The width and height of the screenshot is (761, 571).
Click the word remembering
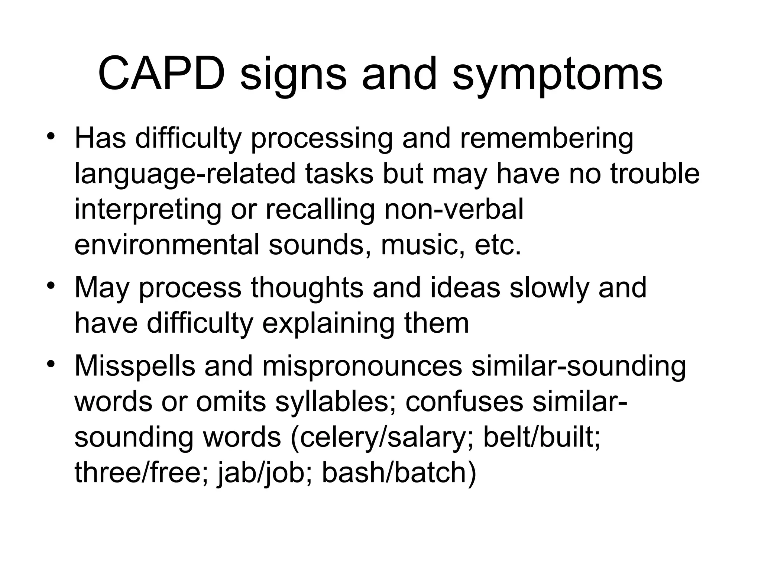(546, 138)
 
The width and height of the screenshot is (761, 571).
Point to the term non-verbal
(454, 209)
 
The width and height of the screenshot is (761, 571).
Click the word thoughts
(307, 287)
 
